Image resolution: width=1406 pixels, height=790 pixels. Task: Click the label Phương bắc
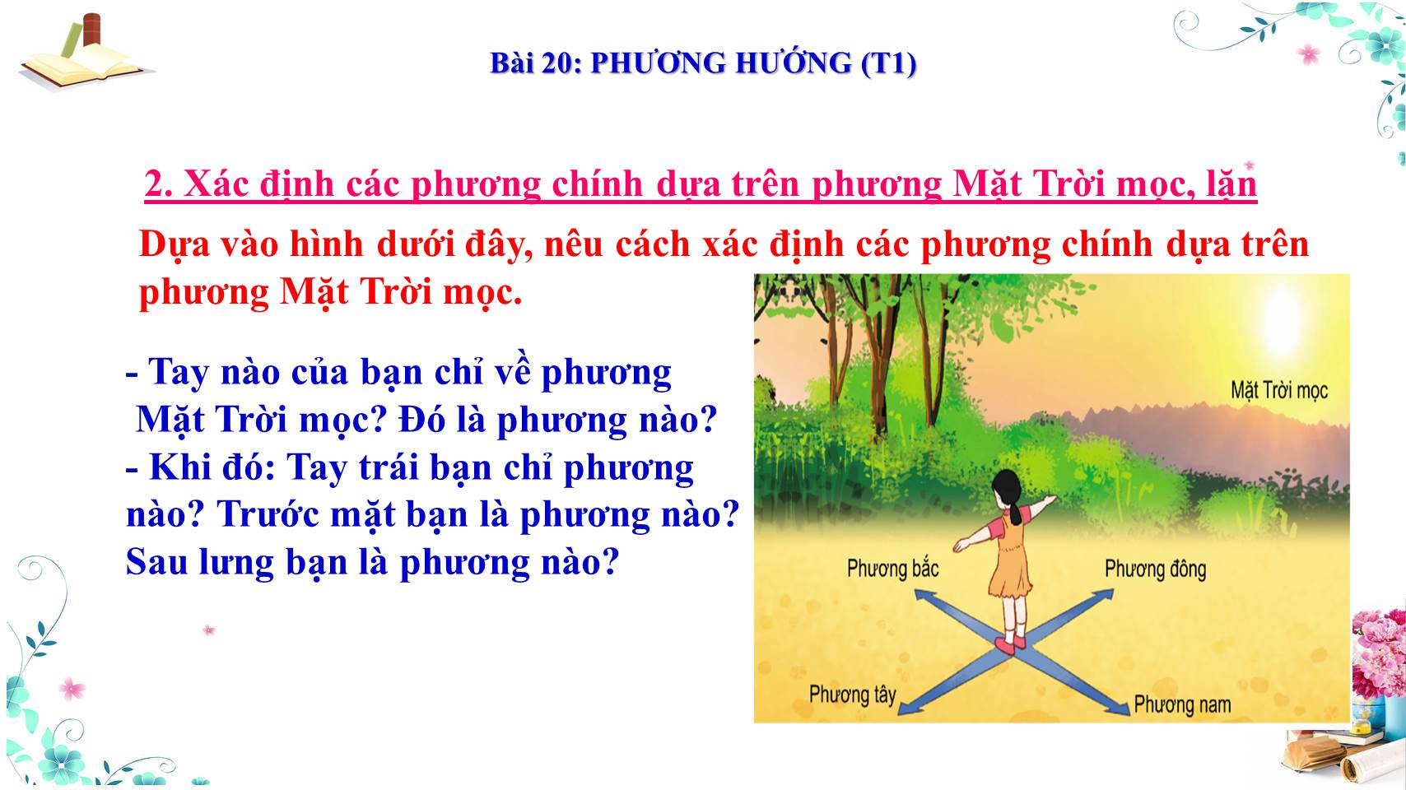[892, 569]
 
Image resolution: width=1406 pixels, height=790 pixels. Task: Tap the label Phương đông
[1156, 569]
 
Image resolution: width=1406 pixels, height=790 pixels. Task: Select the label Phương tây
[852, 695]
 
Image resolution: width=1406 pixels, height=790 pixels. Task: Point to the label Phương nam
[1183, 704]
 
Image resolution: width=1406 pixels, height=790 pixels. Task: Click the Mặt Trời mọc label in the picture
[1279, 390]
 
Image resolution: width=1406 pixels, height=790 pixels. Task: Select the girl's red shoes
[1010, 644]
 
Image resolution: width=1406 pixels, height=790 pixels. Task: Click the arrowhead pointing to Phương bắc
[924, 595]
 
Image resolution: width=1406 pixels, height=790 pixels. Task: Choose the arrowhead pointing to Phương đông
[1103, 594]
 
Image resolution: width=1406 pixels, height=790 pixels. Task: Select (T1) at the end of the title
[888, 64]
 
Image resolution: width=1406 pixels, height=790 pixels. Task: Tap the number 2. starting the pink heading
[158, 184]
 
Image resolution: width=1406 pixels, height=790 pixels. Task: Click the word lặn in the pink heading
[1228, 184]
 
